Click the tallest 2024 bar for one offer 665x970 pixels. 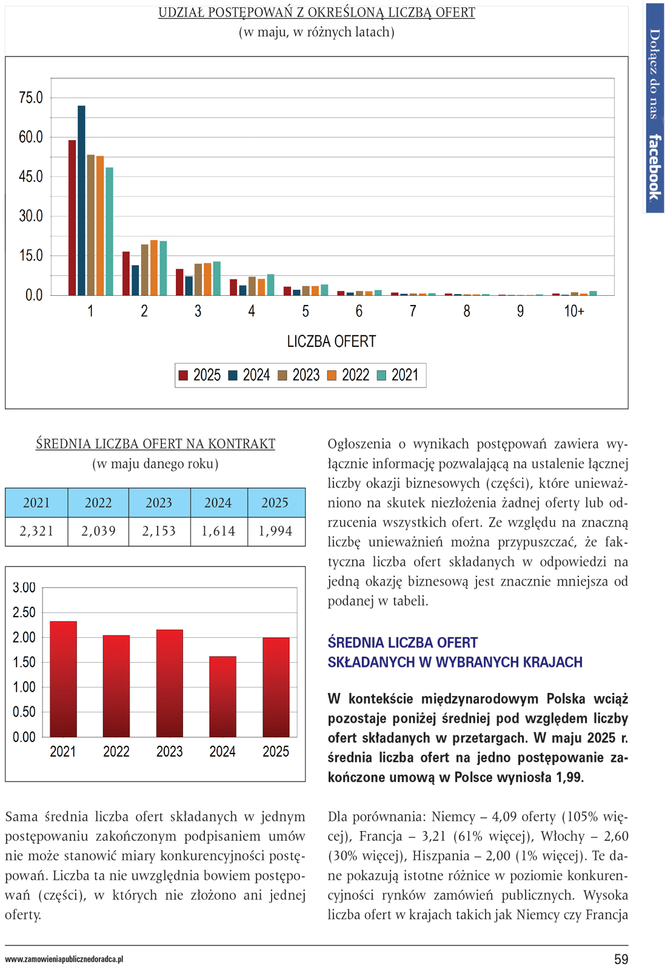[81, 200]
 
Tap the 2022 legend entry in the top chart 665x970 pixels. [349, 375]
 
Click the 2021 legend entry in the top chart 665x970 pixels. [398, 375]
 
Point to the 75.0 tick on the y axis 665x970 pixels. [31, 98]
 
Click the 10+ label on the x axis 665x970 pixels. [574, 312]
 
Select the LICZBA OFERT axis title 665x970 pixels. [332, 341]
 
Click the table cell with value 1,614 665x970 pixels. [218, 531]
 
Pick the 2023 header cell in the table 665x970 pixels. [159, 503]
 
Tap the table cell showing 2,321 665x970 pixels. [36, 531]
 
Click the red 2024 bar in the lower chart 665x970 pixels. [222, 697]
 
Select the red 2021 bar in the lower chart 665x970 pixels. [63, 679]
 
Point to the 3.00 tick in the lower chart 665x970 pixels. [24, 587]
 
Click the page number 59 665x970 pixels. [621, 959]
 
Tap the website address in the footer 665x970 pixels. [64, 959]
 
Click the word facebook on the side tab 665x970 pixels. [654, 167]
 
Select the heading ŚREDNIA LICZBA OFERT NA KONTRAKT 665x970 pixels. [155, 444]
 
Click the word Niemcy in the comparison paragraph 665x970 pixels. [454, 817]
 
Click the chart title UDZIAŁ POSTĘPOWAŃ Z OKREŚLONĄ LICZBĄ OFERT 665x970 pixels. [316, 13]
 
